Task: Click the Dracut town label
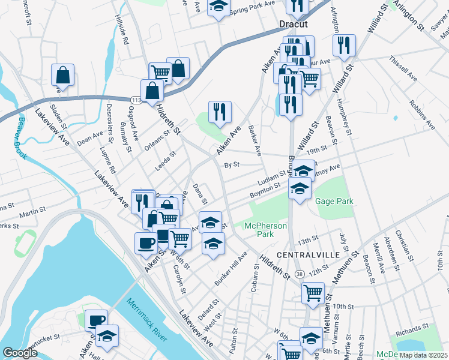coord(293,24)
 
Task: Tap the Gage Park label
coord(334,202)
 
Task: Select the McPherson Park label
coord(265,230)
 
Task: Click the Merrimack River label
coord(146,318)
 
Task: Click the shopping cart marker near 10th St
coord(313,293)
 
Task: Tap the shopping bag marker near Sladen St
coord(62,76)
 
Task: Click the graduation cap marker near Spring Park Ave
coord(218,7)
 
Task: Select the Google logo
coord(20,353)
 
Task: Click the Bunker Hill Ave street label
coord(231,269)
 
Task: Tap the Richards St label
coord(412,329)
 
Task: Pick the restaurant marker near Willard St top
coord(344,46)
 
